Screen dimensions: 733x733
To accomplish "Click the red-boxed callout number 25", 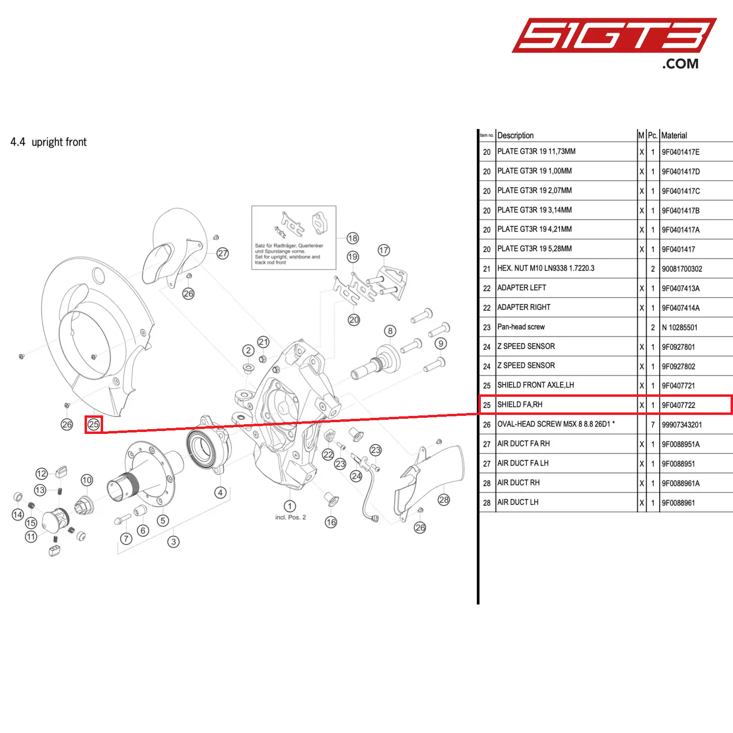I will click(93, 424).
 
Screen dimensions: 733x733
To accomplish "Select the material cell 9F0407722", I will click(678, 405).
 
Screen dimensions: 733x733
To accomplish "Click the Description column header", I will click(516, 135).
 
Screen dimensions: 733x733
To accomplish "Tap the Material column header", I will click(674, 135).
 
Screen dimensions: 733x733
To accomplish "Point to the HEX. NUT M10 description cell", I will click(546, 268).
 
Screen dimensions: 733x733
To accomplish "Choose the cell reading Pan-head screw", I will click(521, 327).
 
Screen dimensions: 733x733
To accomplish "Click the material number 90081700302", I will click(682, 269).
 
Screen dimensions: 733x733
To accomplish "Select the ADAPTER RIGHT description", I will click(524, 307).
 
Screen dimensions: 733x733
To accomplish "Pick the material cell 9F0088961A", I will click(681, 483).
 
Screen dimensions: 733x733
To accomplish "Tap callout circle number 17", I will click(384, 250).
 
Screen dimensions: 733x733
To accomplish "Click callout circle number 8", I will click(390, 331).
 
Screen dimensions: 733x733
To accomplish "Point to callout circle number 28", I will click(444, 500).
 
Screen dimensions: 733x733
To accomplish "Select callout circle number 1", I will click(290, 506).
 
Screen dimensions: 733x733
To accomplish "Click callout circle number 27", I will click(223, 253).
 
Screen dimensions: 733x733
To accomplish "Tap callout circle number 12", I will click(42, 474).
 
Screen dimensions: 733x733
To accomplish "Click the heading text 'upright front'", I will click(59, 142).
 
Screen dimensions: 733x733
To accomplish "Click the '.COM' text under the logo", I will click(680, 64).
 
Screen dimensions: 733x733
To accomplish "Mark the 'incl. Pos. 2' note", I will click(290, 517).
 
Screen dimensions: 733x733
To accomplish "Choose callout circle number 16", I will click(331, 522).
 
